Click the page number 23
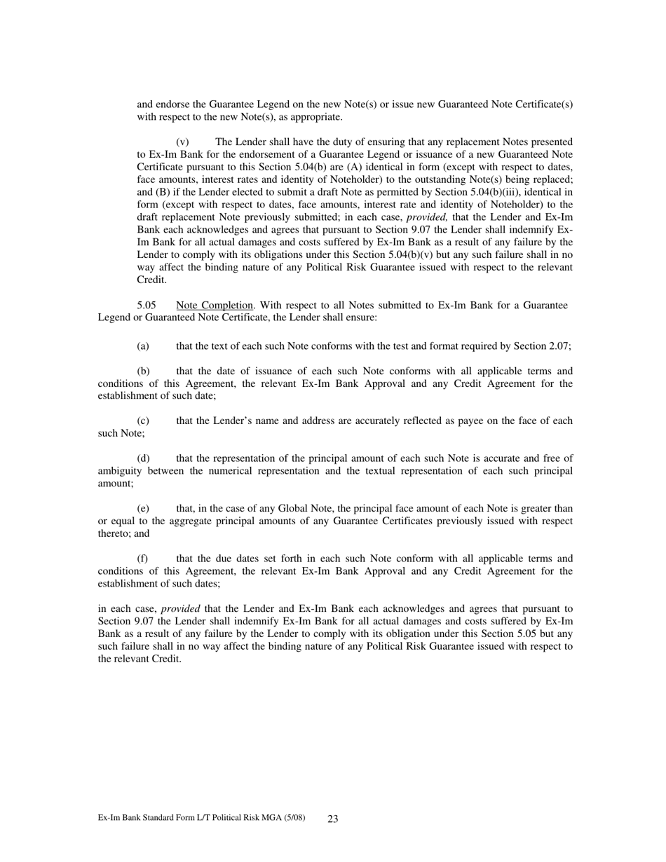(333, 819)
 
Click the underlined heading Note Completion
(215, 306)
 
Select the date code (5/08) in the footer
(294, 818)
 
